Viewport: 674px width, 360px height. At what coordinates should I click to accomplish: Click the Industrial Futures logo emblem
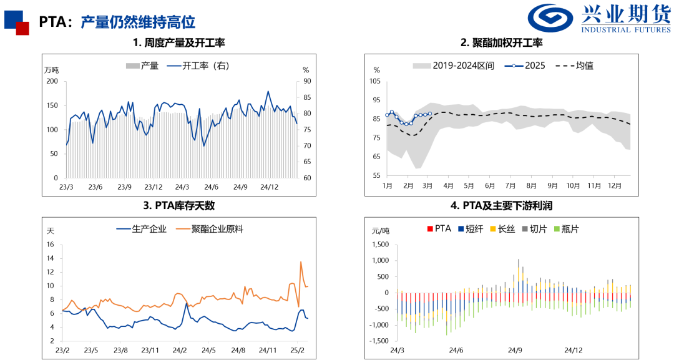click(x=551, y=18)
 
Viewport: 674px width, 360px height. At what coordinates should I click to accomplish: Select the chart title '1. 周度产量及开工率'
click(x=178, y=43)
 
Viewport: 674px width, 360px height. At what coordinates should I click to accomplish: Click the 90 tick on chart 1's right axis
click(x=306, y=81)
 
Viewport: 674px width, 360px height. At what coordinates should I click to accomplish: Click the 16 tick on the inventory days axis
click(x=51, y=245)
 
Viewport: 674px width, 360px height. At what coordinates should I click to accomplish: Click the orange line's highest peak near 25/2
click(x=301, y=261)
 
